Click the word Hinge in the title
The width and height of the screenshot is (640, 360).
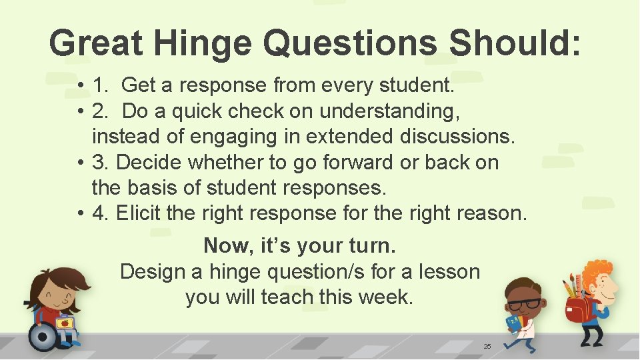click(203, 43)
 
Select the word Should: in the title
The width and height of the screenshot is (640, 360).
click(515, 43)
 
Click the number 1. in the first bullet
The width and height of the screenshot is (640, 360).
click(101, 85)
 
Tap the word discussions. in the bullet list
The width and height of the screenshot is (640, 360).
click(457, 136)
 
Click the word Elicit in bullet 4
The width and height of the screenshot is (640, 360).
click(139, 213)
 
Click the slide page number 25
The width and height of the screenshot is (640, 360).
click(487, 346)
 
